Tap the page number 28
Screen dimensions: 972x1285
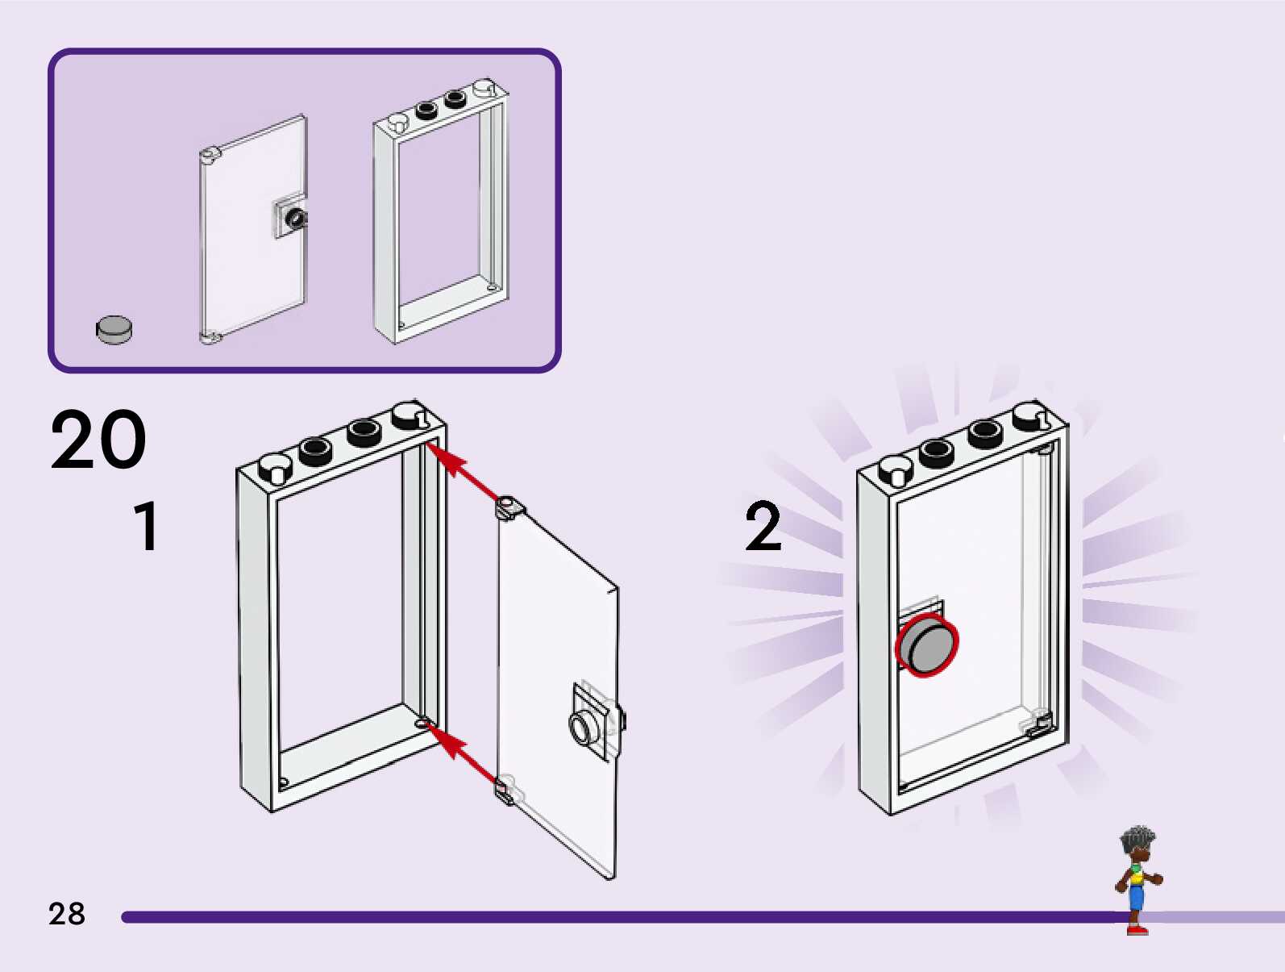66,914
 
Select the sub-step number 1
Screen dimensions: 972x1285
147,527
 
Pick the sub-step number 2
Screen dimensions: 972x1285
763,527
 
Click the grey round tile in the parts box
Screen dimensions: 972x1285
114,329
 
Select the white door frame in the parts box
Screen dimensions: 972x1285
441,214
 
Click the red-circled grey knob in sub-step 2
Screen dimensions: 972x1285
927,645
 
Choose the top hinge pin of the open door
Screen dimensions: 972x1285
507,507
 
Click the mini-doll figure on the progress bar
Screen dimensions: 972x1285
1137,879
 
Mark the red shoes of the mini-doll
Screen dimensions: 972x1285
1137,930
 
